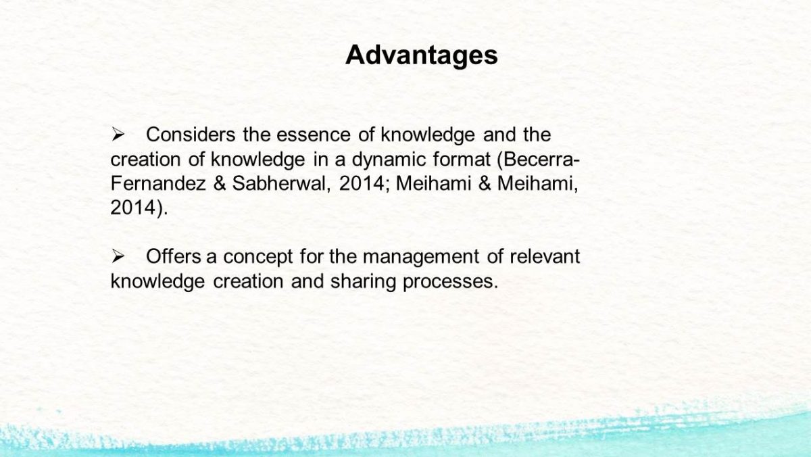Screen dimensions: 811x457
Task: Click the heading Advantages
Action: coord(422,55)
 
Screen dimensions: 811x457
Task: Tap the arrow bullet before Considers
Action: coord(118,135)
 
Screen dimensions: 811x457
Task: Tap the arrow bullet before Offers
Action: coord(118,257)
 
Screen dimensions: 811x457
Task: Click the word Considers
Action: coord(191,135)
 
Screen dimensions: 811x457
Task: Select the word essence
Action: coord(314,135)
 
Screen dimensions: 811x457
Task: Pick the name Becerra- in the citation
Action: coord(539,159)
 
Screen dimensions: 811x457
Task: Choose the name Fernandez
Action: coord(158,183)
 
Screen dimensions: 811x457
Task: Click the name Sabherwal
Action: coord(281,183)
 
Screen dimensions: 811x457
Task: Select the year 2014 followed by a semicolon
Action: coord(364,183)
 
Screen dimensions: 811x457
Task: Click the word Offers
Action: coord(174,256)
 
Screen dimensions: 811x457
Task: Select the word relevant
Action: coord(545,256)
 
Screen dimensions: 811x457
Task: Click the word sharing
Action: coord(363,282)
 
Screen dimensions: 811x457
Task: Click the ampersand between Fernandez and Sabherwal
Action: coord(220,183)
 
